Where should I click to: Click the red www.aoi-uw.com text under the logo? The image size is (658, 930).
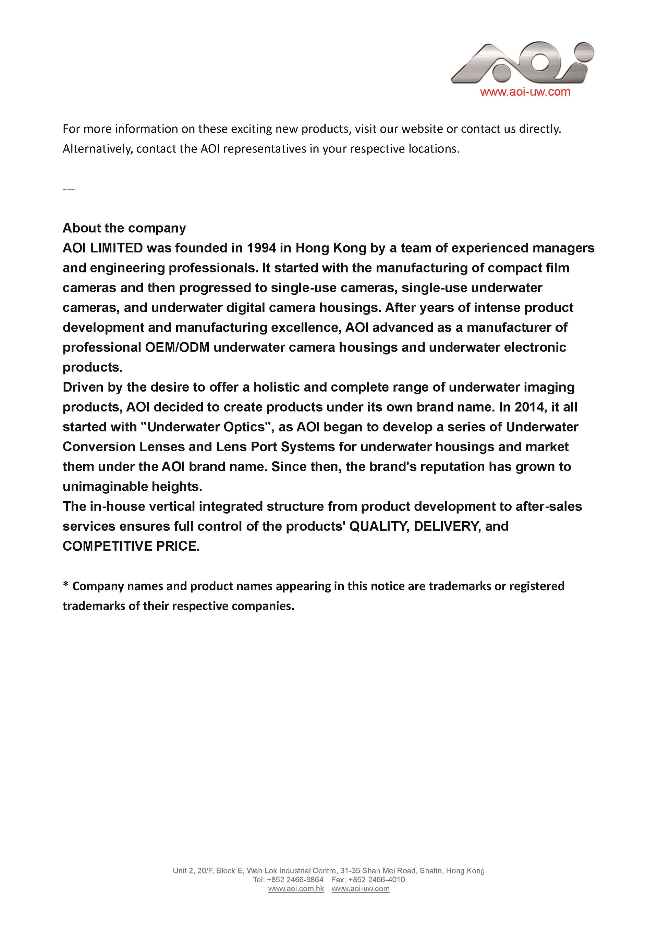point(525,92)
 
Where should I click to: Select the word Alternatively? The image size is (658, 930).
point(97,149)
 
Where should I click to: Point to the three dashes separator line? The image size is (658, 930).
point(69,189)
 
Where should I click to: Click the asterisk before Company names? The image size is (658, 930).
point(66,585)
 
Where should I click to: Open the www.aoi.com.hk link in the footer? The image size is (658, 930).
point(296,888)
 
